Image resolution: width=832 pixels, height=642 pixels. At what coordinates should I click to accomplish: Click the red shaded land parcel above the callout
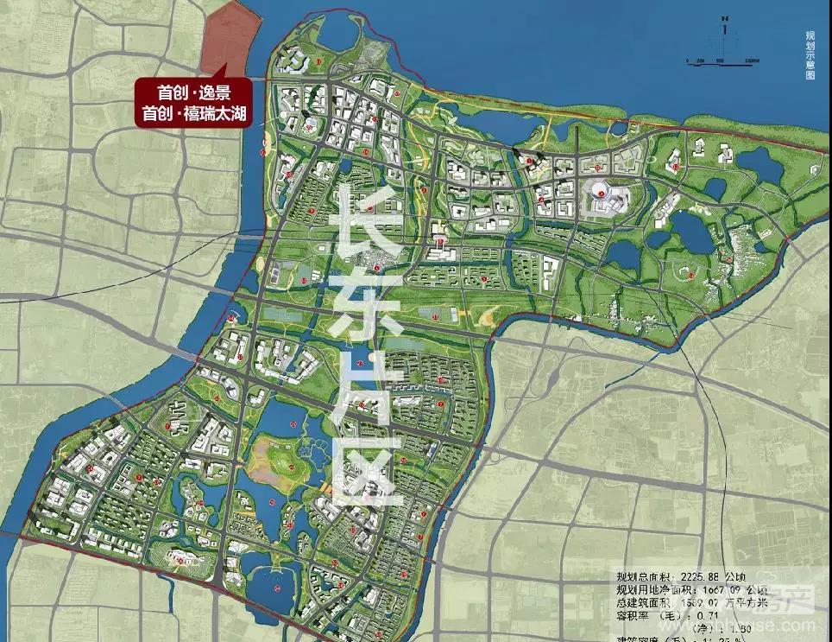pos(227,39)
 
